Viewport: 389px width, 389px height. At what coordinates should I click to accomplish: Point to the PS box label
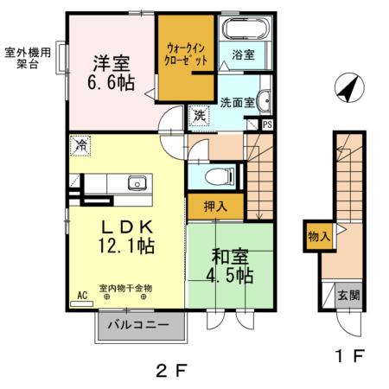tap(267, 124)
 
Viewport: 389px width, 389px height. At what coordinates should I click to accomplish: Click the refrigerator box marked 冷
tap(80, 145)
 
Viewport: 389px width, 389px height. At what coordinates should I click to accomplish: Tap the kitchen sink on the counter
tap(136, 182)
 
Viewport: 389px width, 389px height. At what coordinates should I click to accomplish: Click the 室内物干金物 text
tap(126, 288)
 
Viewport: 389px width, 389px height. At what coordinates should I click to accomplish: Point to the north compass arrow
tap(348, 86)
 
